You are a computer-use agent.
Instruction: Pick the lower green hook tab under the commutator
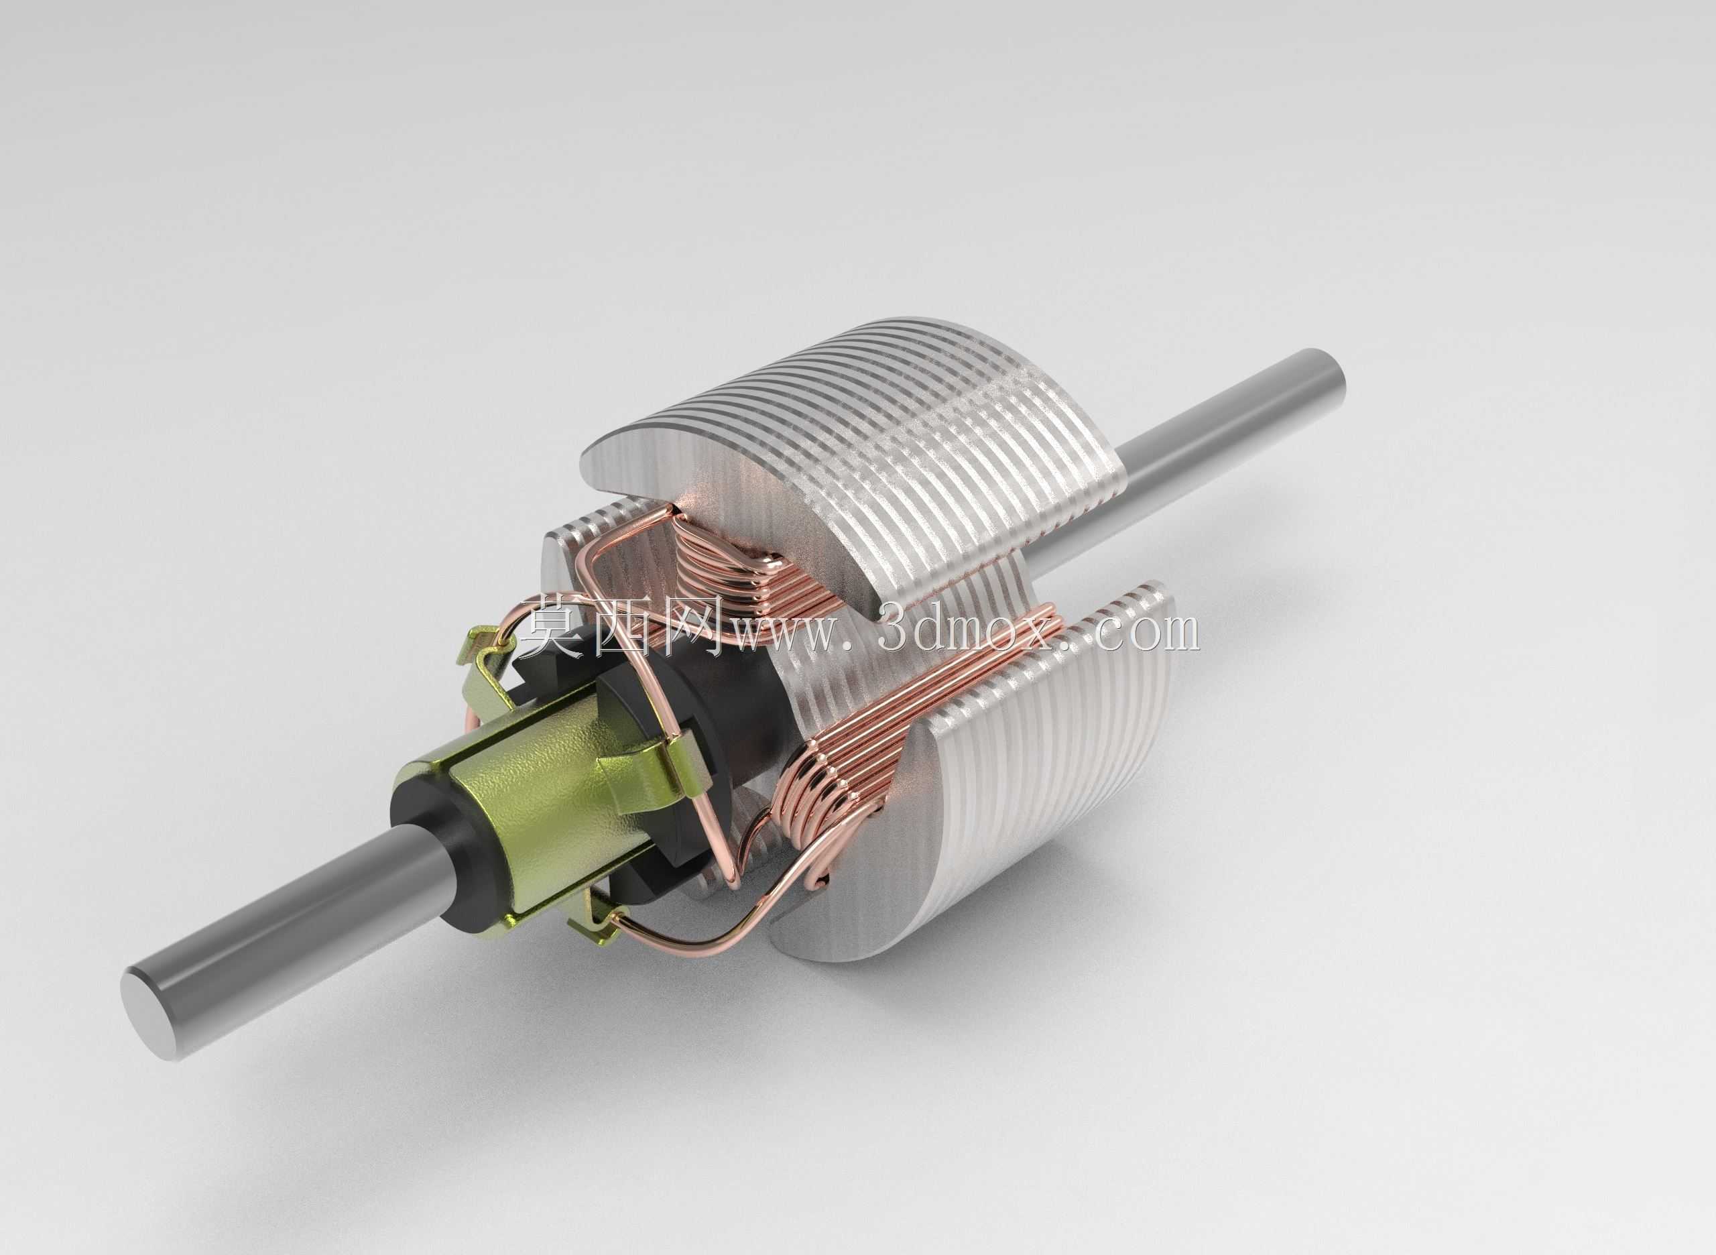point(597,919)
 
